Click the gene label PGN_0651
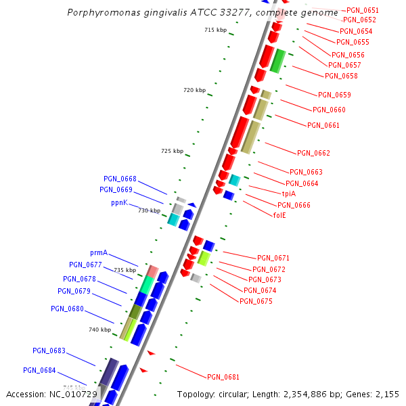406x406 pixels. (x=362, y=11)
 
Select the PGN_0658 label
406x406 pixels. (x=341, y=76)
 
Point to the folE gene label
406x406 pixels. (x=279, y=215)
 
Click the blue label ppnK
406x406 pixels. (x=119, y=202)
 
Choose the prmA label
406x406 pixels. (x=99, y=252)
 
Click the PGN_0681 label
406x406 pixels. (x=223, y=377)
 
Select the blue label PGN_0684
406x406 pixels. (x=39, y=370)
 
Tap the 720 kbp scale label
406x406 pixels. (x=194, y=90)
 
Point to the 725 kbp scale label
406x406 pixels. (x=172, y=151)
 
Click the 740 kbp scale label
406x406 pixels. (x=99, y=330)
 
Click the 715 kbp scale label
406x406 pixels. (x=215, y=30)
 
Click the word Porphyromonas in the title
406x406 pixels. (x=99, y=13)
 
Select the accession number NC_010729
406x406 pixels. (x=73, y=394)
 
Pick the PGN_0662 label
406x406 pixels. (x=313, y=153)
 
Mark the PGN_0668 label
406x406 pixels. (x=120, y=179)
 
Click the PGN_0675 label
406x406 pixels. (x=256, y=301)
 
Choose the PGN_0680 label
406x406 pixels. (x=67, y=309)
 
